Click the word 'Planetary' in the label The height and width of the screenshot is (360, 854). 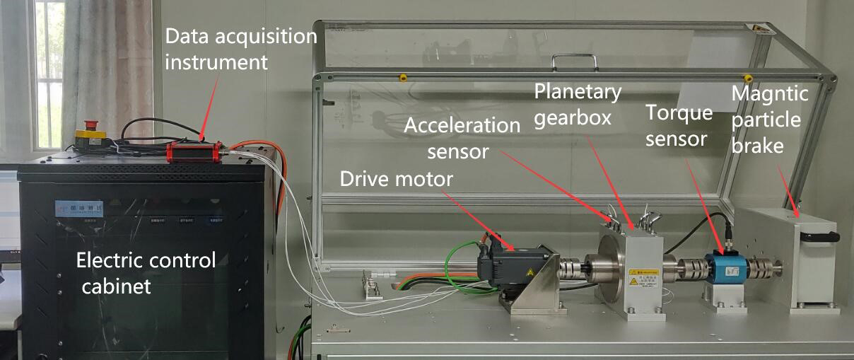click(x=578, y=91)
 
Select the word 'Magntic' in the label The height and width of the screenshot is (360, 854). click(x=769, y=93)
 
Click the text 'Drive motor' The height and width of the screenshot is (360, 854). click(x=396, y=179)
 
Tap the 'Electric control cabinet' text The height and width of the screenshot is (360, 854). click(x=146, y=273)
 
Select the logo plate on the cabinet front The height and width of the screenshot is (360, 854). click(x=78, y=209)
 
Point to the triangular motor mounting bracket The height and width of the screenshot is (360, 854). click(x=537, y=287)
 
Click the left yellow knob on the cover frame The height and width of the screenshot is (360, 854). click(x=402, y=76)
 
